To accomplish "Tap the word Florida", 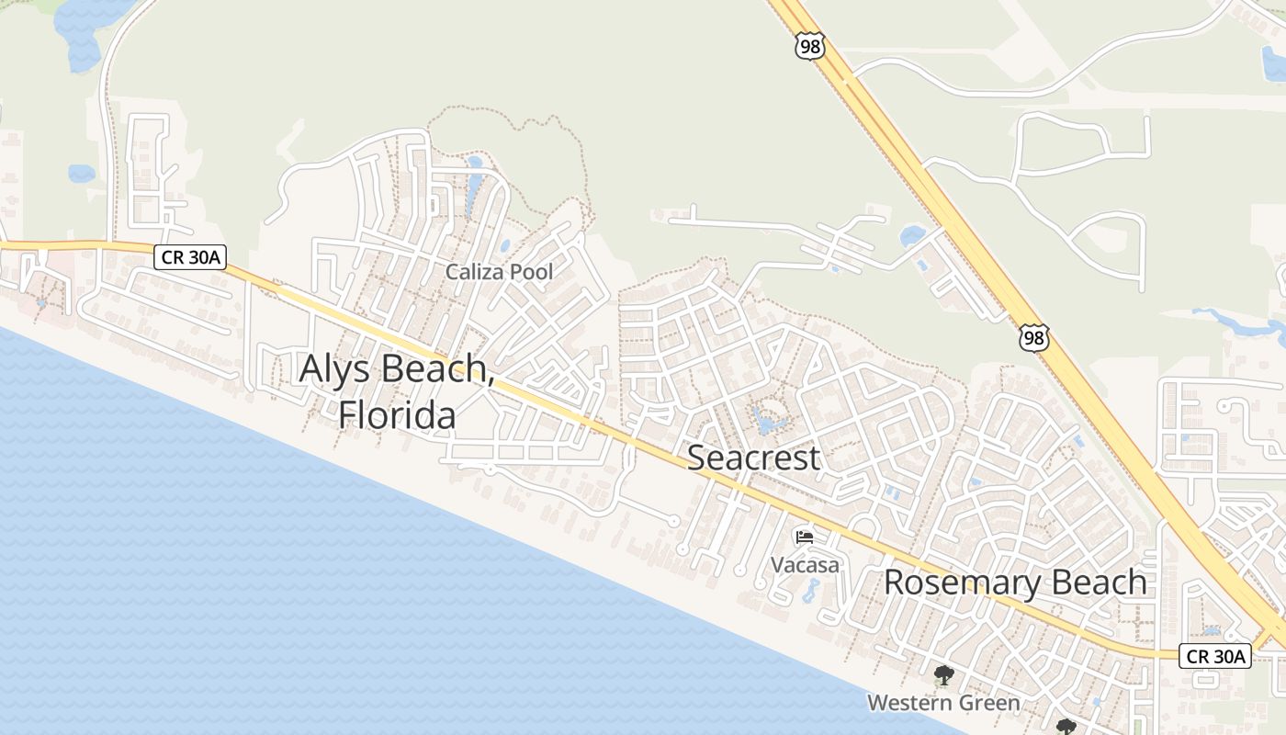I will click(397, 414).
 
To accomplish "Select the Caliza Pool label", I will click(499, 272).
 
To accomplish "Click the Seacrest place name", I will click(753, 457).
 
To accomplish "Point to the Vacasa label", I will click(805, 564).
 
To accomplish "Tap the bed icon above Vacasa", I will click(805, 537).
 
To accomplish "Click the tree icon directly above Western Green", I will click(942, 676).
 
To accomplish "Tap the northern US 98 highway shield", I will click(810, 47).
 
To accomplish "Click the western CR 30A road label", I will click(190, 258).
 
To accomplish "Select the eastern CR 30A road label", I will click(1214, 656).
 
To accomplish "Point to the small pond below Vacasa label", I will click(810, 592).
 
